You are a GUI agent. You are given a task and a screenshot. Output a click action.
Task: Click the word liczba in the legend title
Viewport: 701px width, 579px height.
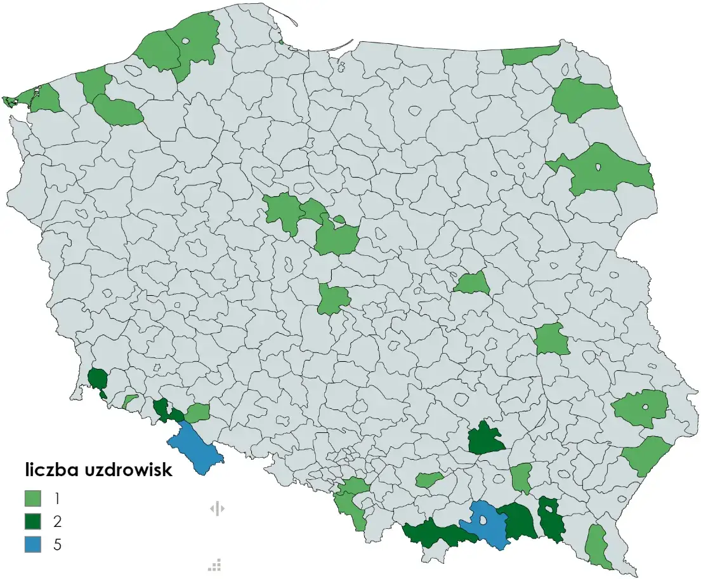(56, 470)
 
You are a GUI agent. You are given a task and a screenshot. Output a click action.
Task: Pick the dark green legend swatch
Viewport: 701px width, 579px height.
(33, 521)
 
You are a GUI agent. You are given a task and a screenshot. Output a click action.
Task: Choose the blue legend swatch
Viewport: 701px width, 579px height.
(33, 544)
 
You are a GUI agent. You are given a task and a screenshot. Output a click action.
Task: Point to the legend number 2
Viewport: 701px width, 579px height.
(58, 521)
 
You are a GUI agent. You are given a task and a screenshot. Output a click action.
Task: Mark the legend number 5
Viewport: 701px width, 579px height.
(58, 544)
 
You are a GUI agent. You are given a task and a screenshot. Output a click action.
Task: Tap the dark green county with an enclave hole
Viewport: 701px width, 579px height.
(551, 521)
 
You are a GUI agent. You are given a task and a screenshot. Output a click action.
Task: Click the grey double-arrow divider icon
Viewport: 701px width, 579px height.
(217, 509)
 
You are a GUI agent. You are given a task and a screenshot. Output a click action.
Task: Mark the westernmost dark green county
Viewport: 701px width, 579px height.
(97, 379)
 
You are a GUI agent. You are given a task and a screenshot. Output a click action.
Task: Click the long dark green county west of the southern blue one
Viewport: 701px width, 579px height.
(438, 533)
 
